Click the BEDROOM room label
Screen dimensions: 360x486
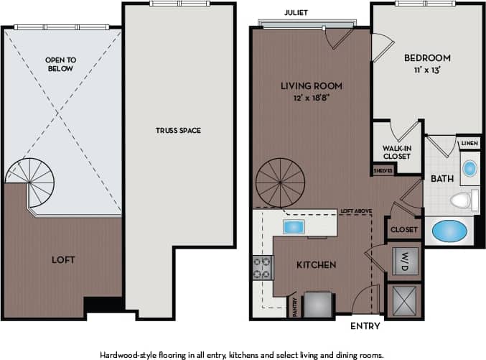426,58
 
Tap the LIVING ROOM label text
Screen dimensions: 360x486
311,86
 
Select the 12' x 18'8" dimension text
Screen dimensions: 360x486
311,97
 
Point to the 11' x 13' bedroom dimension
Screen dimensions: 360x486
426,70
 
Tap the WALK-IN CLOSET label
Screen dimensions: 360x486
396,152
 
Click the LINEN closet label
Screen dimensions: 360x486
469,144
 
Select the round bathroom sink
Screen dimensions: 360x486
469,170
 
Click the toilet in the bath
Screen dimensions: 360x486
464,200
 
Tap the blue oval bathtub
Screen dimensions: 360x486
449,232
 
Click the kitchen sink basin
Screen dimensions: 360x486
294,227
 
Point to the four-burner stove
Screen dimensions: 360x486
261,267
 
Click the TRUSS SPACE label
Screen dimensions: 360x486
177,130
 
